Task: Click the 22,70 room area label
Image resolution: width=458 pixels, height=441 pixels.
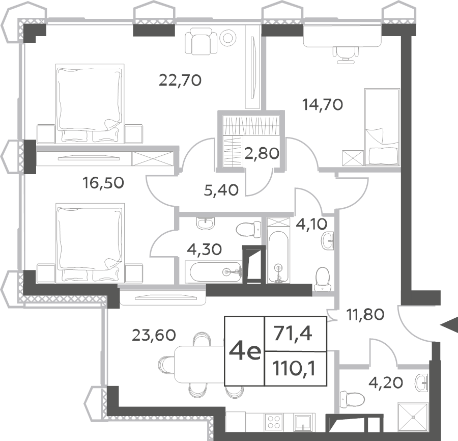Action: pos(180,80)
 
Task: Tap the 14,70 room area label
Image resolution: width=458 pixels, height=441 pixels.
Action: pos(323,104)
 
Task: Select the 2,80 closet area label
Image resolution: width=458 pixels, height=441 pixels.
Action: pos(262,153)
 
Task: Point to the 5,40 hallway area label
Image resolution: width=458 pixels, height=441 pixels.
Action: pos(221,190)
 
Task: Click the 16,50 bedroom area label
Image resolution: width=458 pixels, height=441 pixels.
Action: pos(103,183)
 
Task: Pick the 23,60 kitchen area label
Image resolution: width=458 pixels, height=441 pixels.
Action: pos(154,335)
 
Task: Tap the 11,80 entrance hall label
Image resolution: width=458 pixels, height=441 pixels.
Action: pos(365,315)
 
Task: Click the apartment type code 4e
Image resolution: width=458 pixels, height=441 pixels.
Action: pos(245,351)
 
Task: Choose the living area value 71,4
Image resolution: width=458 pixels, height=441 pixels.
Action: pos(293,334)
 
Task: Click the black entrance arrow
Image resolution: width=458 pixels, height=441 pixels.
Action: pos(449,324)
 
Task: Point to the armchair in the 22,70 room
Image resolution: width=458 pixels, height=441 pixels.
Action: pos(201,41)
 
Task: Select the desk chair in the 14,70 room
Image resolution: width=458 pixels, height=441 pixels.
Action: pos(346,54)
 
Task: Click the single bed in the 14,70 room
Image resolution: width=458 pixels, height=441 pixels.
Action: pos(382,127)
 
